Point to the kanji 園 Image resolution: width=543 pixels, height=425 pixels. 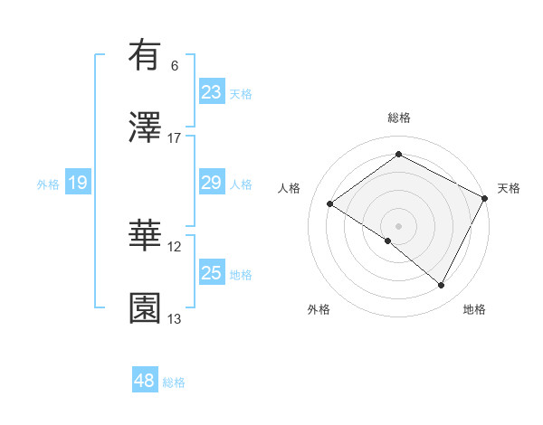[x=145, y=307]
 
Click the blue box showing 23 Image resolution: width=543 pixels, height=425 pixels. [x=212, y=91]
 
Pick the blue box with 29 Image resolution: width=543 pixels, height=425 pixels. [x=212, y=183]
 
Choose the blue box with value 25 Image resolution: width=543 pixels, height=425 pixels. [x=212, y=273]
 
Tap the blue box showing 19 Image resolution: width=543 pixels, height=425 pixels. [x=78, y=183]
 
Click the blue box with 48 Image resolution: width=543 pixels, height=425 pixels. [x=145, y=381]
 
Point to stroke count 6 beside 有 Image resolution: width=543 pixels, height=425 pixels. [x=175, y=66]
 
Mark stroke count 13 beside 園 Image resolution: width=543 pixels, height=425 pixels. [x=175, y=318]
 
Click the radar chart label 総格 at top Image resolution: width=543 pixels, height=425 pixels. [x=398, y=118]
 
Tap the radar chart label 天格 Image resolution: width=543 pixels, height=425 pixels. [x=509, y=188]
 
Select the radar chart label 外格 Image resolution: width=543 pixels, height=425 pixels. [x=319, y=310]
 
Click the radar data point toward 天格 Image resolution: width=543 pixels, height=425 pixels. [x=485, y=198]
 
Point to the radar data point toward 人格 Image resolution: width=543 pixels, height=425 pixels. [x=330, y=203]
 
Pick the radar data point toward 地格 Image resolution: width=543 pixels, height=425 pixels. [x=442, y=286]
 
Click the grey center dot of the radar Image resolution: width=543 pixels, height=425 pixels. [x=398, y=225]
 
